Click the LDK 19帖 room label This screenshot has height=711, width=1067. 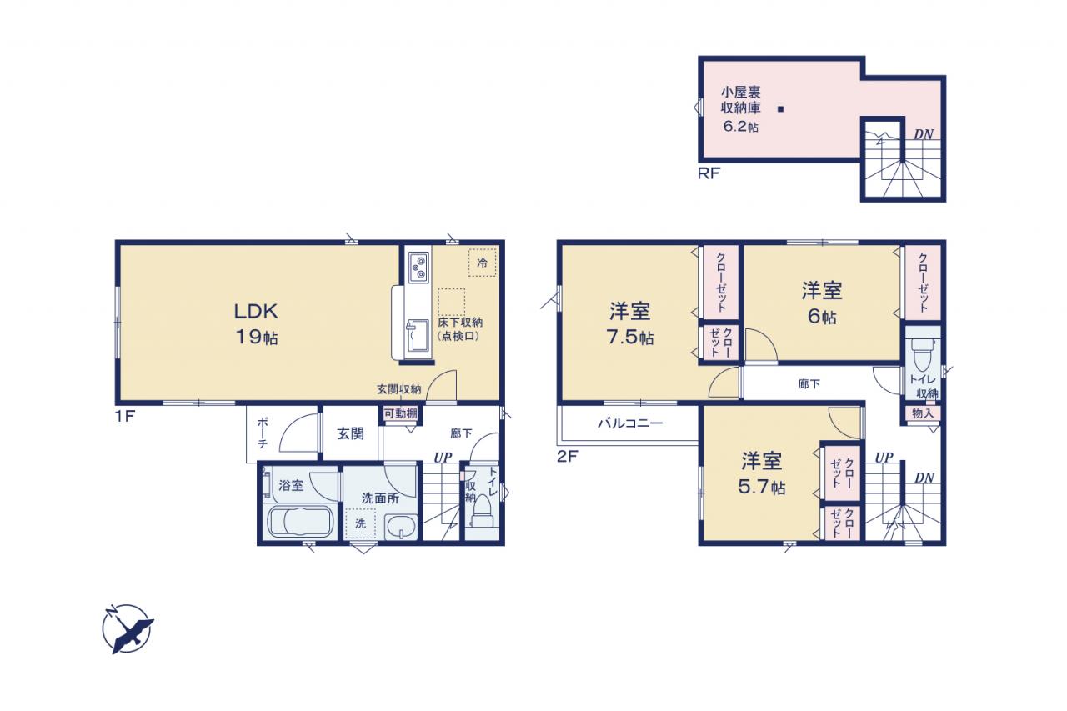256,324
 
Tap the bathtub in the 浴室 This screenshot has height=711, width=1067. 299,522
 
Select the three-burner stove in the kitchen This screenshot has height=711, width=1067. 418,268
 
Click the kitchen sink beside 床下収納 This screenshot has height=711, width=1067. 418,336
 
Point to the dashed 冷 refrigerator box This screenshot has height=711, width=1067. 482,263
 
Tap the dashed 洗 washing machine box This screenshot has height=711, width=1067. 361,523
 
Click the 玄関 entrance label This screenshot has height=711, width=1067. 351,433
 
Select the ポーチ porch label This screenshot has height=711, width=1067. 263,433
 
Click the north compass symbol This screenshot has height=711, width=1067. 128,629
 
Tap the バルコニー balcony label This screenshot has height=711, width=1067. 630,423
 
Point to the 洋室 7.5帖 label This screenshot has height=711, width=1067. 629,324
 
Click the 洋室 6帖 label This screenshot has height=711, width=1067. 822,303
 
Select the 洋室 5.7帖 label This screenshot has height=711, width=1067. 762,473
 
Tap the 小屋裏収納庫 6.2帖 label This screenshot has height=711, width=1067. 741,109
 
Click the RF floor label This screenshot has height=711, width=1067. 709,174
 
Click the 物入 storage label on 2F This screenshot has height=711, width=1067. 923,413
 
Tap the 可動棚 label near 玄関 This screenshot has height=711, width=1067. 401,413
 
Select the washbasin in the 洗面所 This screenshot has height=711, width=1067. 402,527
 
